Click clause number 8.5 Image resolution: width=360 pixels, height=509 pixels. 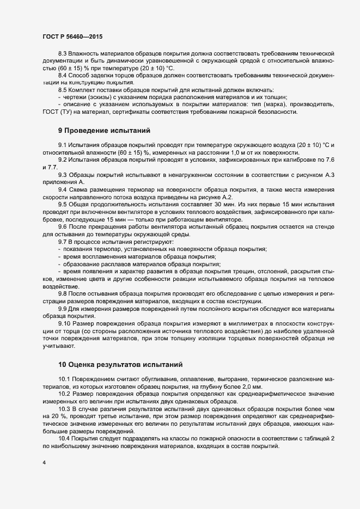point(63,89)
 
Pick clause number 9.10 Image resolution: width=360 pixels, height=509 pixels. point(64,323)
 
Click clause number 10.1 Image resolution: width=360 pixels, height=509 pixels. point(64,377)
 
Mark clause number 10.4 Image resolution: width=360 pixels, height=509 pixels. point(64,439)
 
